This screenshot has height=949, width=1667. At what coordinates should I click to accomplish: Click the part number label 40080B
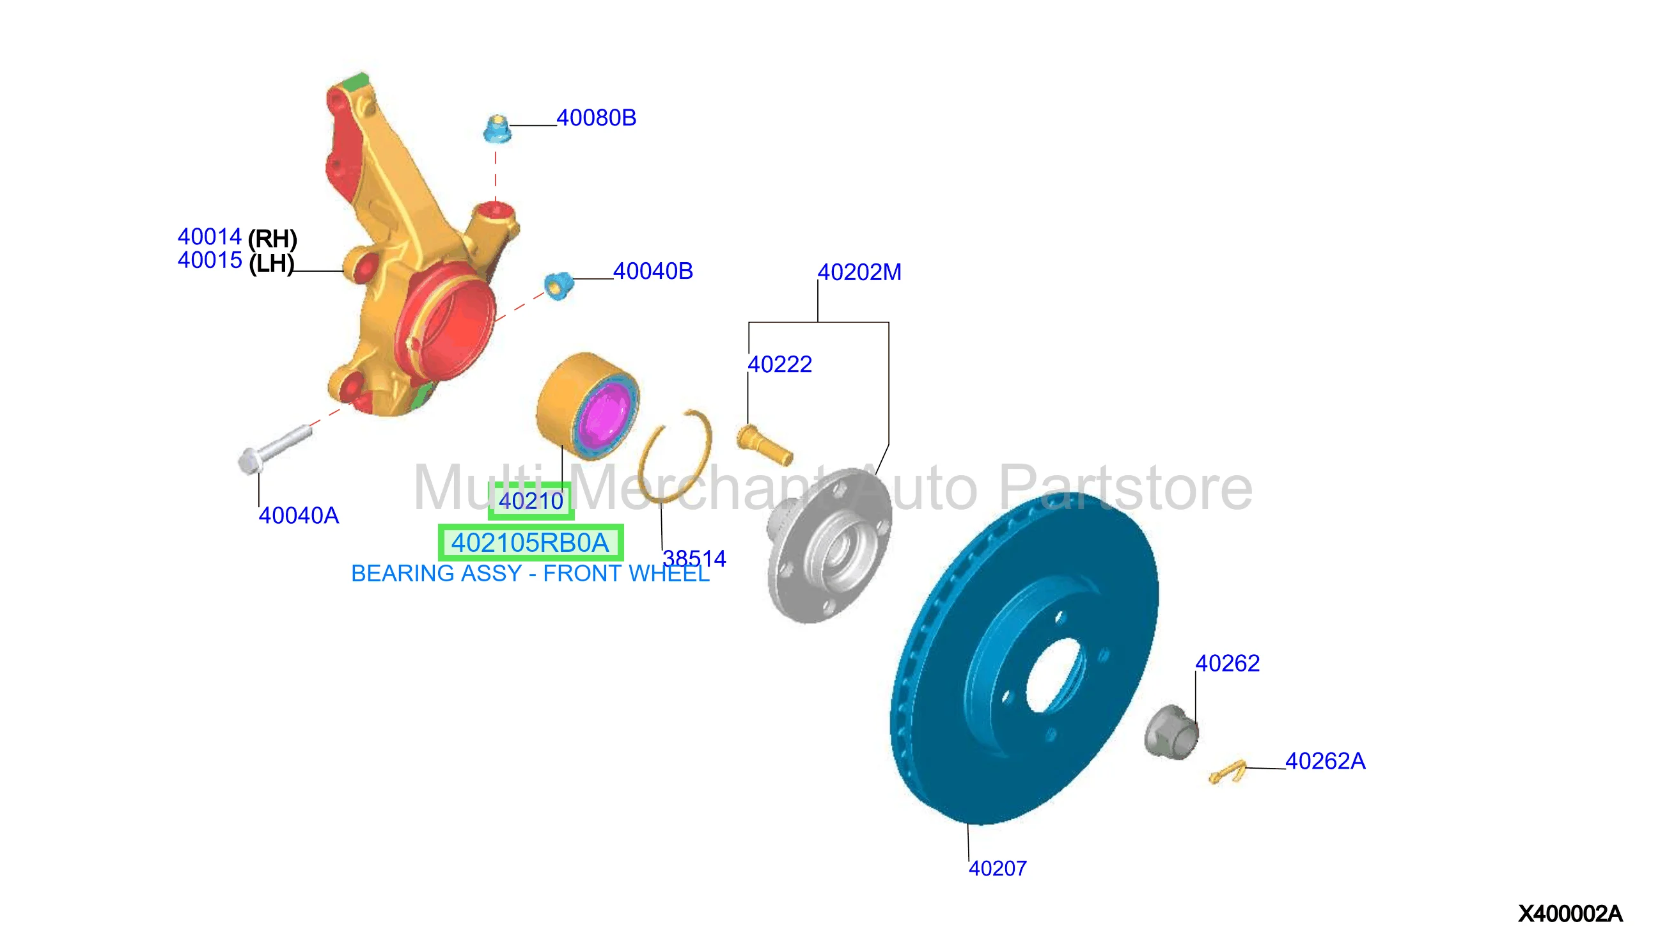click(596, 118)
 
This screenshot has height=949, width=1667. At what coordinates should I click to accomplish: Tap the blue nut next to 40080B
click(497, 129)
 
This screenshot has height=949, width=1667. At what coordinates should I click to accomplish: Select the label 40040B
click(652, 271)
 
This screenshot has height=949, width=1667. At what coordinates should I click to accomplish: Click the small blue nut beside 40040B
click(558, 285)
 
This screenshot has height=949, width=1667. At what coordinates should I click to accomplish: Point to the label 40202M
click(859, 272)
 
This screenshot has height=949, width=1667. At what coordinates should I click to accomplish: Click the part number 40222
click(779, 365)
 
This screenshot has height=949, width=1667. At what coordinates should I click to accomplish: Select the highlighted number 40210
click(531, 501)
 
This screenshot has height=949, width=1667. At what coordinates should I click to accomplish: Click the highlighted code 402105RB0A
click(530, 542)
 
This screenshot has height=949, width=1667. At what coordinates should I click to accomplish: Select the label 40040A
click(299, 515)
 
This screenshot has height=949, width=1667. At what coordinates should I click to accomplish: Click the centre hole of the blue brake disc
click(1054, 675)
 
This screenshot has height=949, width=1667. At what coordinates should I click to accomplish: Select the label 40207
click(997, 868)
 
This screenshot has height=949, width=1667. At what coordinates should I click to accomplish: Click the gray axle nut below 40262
click(1170, 732)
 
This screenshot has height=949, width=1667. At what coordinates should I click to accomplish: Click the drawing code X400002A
click(1570, 914)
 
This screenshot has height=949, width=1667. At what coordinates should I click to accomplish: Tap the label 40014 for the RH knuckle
click(209, 236)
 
